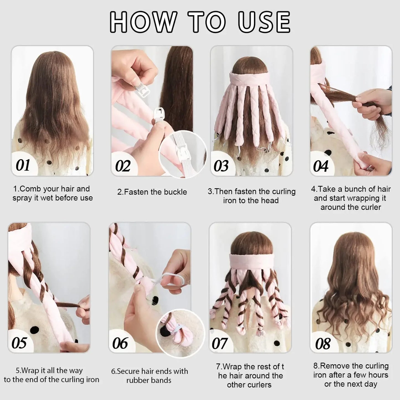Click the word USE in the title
click(x=264, y=22)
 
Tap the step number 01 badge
click(x=23, y=166)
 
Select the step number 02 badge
click(x=122, y=166)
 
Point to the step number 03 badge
click(x=221, y=166)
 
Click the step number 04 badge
click(x=321, y=166)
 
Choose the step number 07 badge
click(x=220, y=344)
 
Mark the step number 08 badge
click(x=322, y=344)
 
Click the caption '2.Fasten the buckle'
click(x=152, y=192)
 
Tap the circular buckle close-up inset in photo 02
click(x=183, y=154)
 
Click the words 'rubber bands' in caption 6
click(x=149, y=380)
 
